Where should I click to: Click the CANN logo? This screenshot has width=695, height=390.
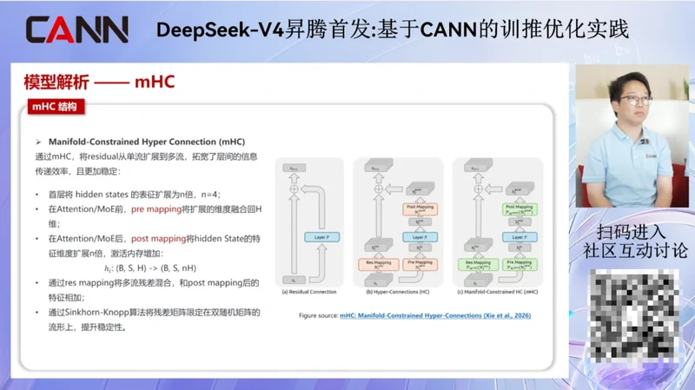point(76,29)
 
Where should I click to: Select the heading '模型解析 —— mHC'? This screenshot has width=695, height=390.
point(99,83)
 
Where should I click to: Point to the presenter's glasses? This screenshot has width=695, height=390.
point(638,101)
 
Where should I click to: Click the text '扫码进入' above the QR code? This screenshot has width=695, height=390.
point(631,232)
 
